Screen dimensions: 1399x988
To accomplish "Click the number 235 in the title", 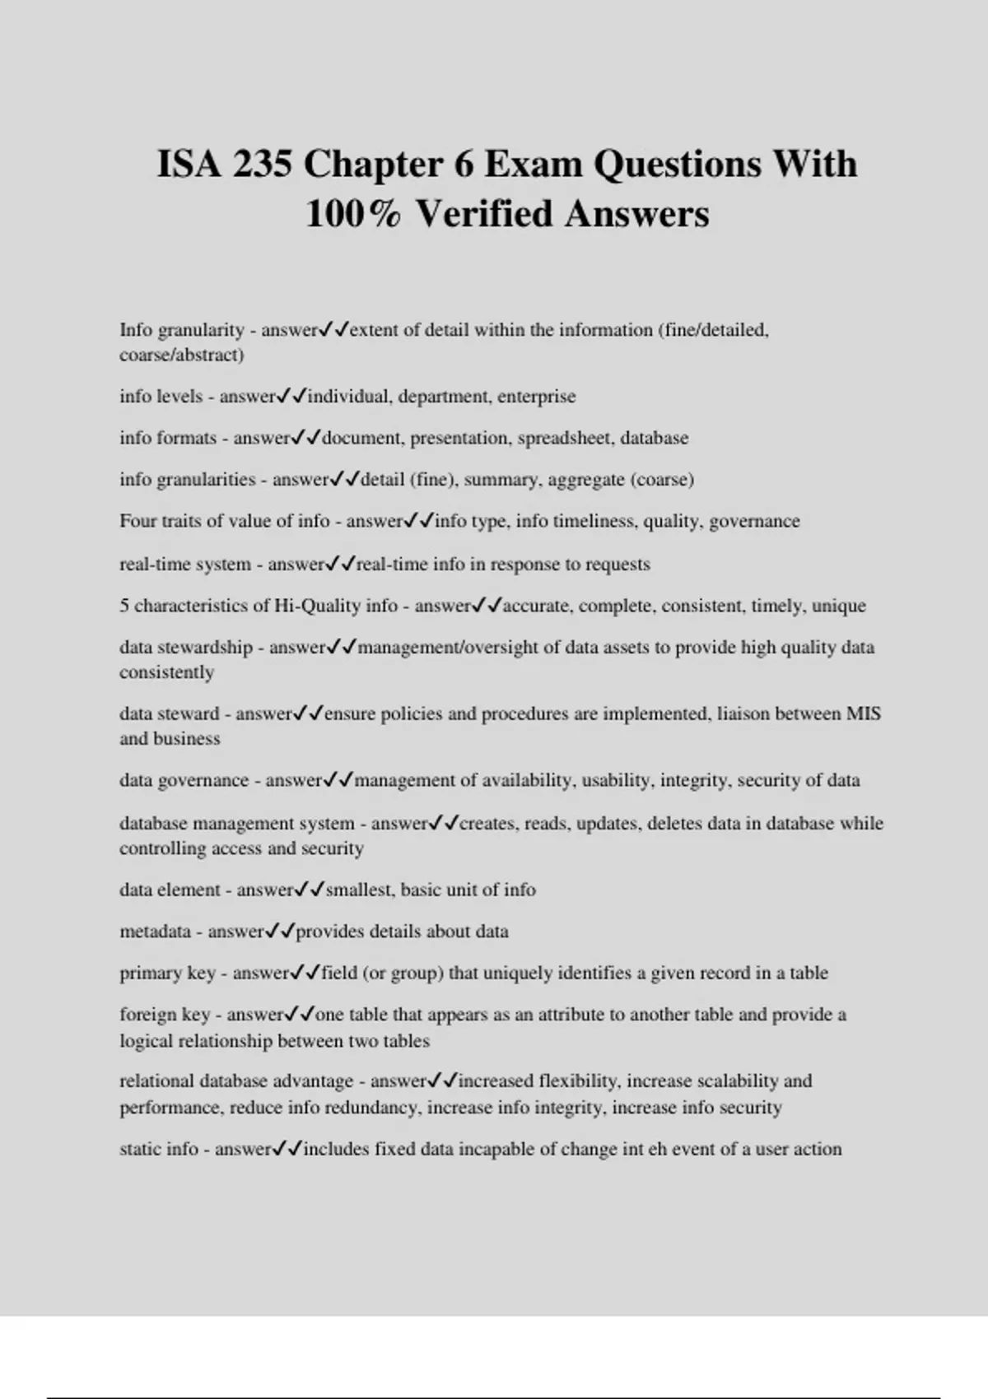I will [x=262, y=164].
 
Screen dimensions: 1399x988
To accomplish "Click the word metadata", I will [x=155, y=932].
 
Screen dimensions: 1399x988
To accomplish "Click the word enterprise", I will [x=536, y=397].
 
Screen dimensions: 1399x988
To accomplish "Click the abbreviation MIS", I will [x=864, y=713].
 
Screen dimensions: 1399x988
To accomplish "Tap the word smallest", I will [x=360, y=890].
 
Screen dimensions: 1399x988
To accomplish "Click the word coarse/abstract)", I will [x=181, y=355].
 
